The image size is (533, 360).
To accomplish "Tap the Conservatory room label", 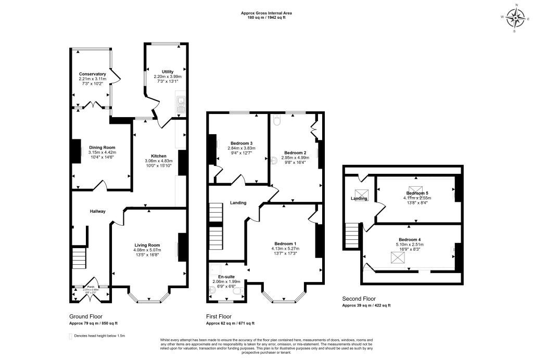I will click(x=93, y=74).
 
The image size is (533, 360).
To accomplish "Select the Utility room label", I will click(x=167, y=71).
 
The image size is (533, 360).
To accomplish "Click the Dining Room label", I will click(x=101, y=147).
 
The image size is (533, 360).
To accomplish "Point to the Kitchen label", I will click(x=158, y=156).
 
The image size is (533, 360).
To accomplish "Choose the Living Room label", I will click(x=147, y=245).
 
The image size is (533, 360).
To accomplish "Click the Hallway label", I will click(x=97, y=211).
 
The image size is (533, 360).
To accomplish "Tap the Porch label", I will click(x=90, y=287).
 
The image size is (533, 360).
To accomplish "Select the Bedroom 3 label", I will click(x=241, y=143).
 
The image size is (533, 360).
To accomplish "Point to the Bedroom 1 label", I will click(x=285, y=243).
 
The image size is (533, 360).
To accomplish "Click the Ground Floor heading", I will click(x=85, y=316).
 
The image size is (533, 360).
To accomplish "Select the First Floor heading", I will click(x=219, y=316).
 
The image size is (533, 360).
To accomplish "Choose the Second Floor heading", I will click(x=359, y=299).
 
